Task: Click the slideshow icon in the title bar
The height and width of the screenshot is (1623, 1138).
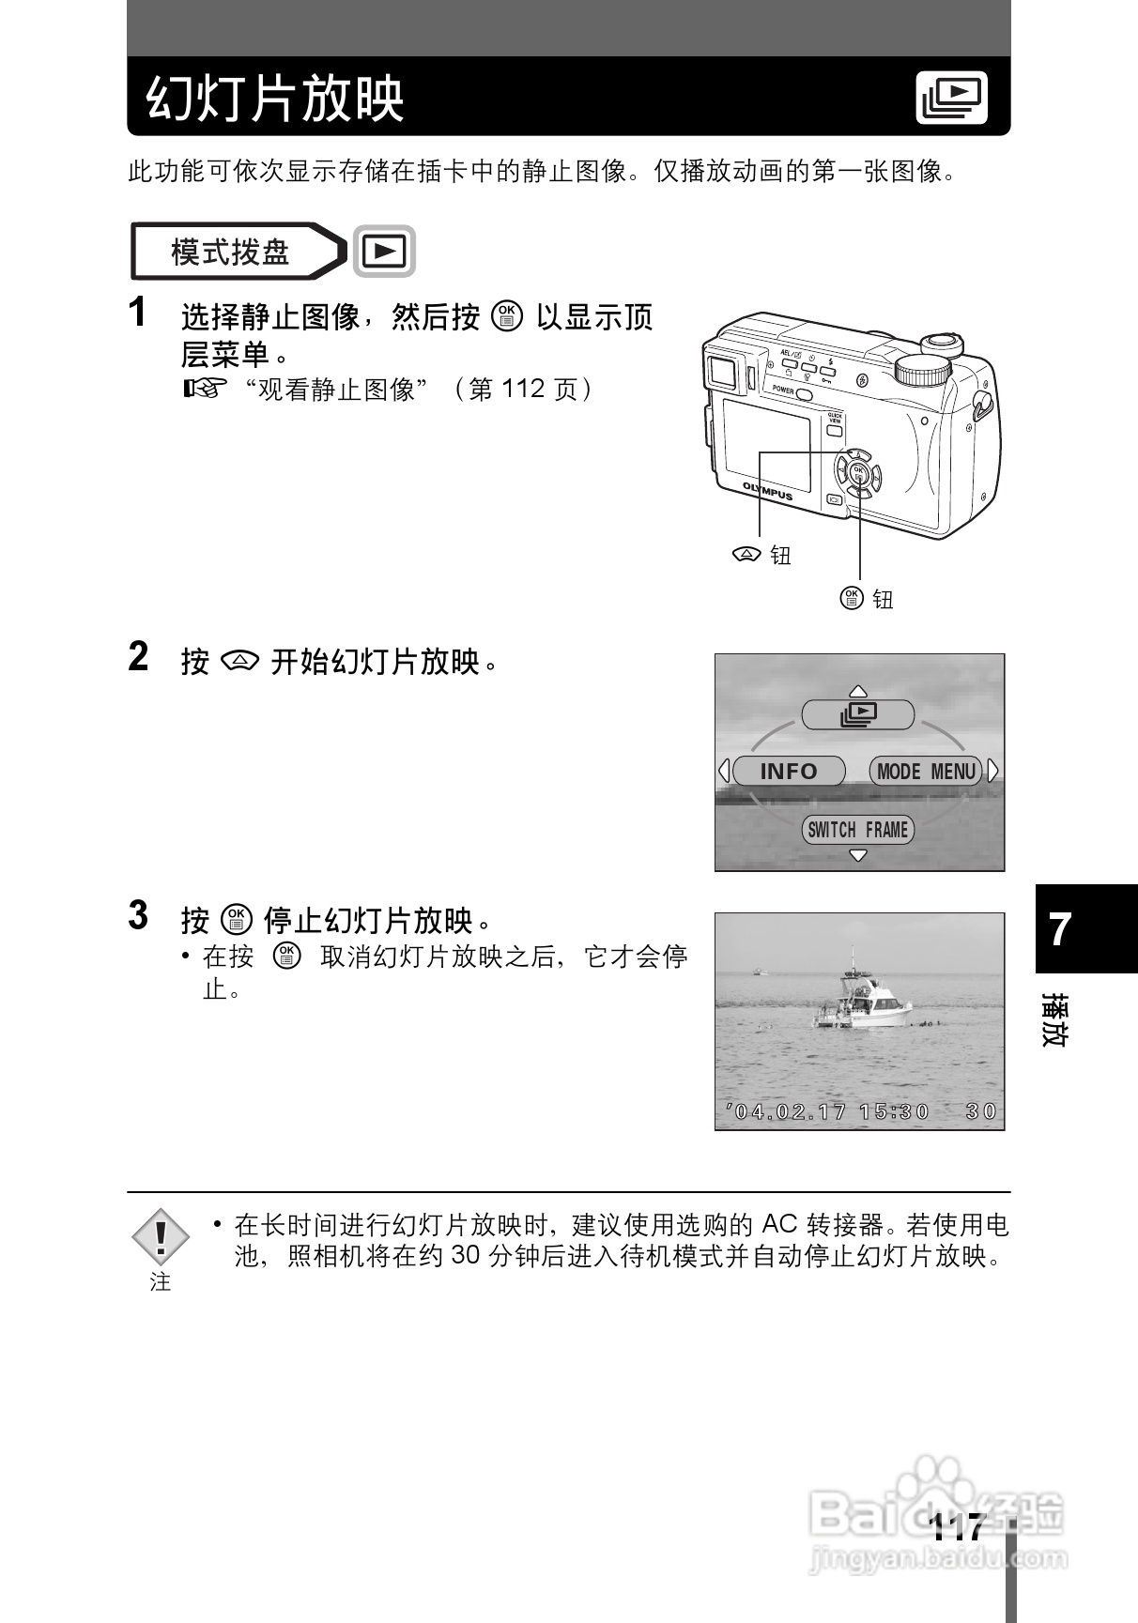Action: (x=952, y=98)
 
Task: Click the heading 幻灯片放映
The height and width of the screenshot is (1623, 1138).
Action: (x=275, y=99)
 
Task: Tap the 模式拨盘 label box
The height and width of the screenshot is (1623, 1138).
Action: (x=231, y=252)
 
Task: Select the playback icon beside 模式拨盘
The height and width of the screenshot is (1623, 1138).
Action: (x=384, y=252)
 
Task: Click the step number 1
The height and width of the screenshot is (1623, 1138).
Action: (x=138, y=314)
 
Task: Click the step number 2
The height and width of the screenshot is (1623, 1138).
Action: (x=138, y=657)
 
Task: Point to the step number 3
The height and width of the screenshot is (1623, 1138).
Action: (x=138, y=915)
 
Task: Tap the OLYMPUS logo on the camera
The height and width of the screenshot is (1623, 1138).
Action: (x=767, y=490)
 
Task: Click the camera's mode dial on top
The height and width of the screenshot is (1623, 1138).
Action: (x=925, y=370)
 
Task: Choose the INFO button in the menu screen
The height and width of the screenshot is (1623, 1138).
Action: (x=789, y=772)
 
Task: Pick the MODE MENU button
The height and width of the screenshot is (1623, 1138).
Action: (x=926, y=772)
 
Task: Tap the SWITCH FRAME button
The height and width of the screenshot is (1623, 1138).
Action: (x=857, y=830)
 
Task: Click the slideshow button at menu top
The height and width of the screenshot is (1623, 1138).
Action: (x=857, y=715)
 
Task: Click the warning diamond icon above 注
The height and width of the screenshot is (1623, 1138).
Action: (x=161, y=1237)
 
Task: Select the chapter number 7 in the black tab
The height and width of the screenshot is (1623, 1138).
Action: (x=1060, y=929)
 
